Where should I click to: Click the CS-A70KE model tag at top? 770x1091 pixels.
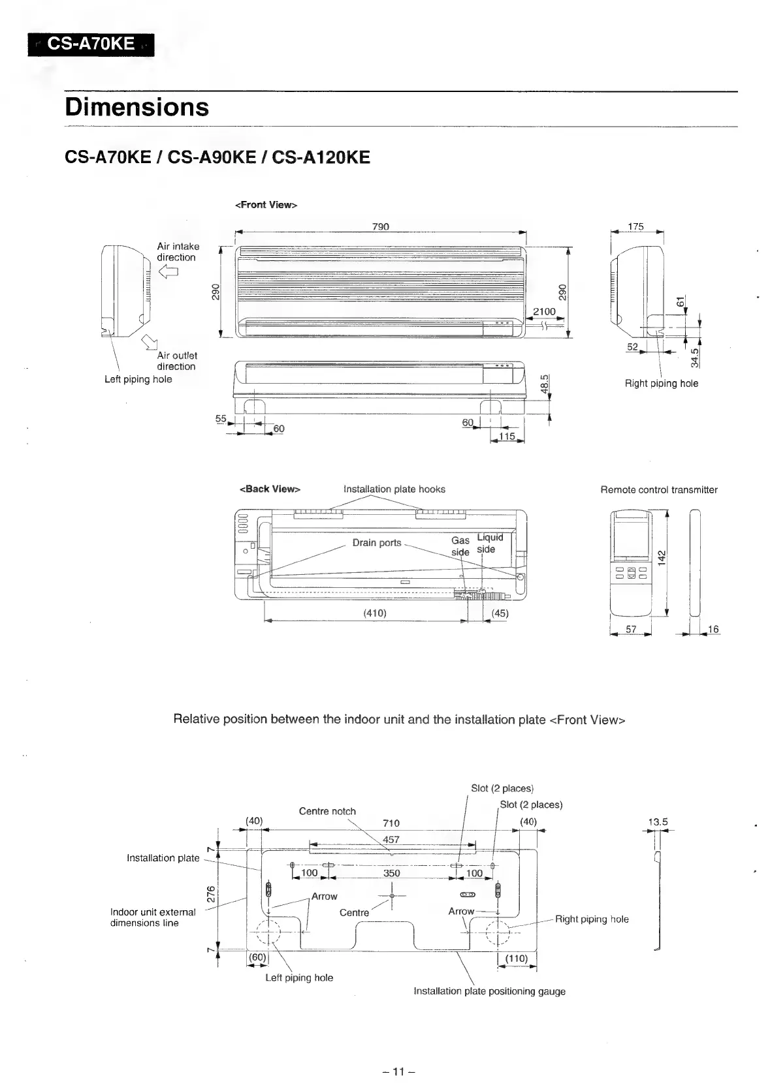click(91, 44)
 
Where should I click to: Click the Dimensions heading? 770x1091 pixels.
click(137, 107)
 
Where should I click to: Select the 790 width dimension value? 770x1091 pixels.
click(380, 226)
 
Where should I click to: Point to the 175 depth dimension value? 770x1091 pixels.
click(635, 226)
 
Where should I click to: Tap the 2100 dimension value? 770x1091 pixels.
click(544, 312)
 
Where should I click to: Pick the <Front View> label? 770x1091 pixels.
click(265, 205)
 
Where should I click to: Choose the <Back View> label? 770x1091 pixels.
click(270, 489)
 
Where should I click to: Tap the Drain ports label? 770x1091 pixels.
click(377, 543)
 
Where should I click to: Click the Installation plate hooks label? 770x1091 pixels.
click(394, 489)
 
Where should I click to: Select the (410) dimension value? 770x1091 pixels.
click(375, 613)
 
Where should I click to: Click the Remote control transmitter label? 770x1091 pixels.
click(658, 489)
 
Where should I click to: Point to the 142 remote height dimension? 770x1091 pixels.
click(661, 558)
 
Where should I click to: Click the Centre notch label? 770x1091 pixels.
click(327, 811)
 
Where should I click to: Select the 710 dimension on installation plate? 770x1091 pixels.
click(391, 823)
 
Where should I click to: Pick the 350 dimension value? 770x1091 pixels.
click(391, 873)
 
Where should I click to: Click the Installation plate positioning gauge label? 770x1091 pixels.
click(489, 991)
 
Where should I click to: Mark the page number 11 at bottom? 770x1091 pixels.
click(398, 1071)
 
